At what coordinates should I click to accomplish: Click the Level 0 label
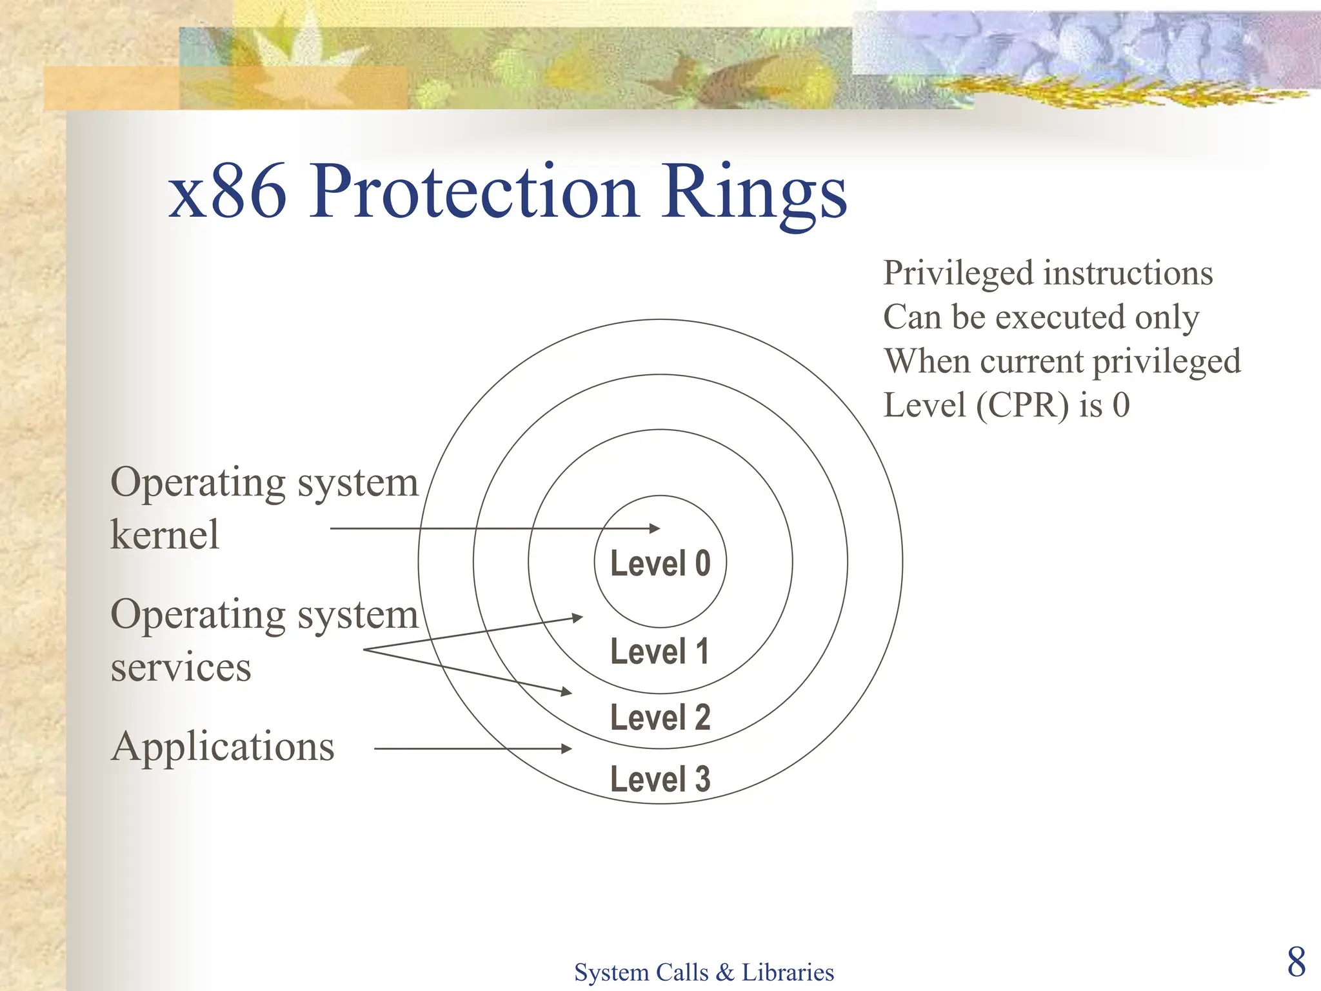660,563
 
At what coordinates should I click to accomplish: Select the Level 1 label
660,651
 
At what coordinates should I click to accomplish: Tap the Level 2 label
660,717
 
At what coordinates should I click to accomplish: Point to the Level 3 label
660,779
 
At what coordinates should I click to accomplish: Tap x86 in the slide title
227,192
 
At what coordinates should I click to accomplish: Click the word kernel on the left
165,534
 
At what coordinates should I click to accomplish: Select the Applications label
223,746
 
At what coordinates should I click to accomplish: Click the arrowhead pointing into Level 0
655,528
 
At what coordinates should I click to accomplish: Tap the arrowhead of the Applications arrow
567,748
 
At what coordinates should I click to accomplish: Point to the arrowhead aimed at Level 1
578,617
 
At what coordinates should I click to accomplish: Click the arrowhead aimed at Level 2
567,692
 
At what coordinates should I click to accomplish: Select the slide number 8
1296,962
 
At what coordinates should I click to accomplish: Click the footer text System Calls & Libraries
704,972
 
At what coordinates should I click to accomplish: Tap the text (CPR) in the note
1022,405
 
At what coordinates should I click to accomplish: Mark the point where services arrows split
365,650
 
